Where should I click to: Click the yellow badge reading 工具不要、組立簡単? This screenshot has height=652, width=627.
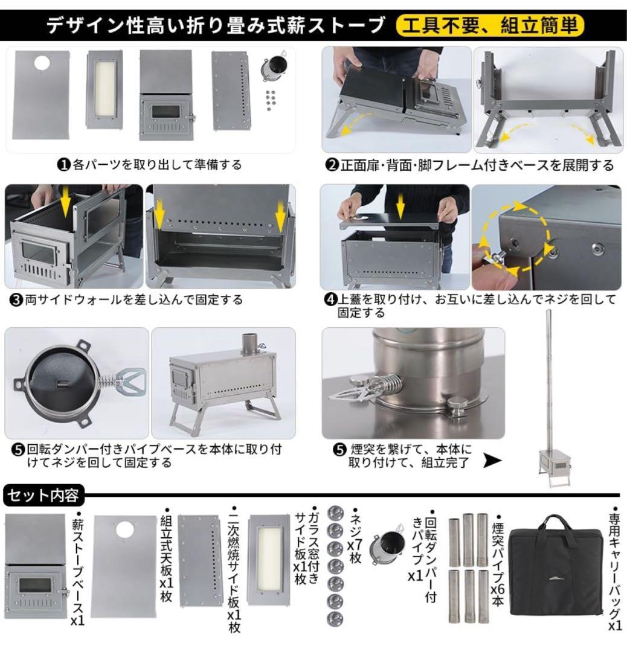point(490,25)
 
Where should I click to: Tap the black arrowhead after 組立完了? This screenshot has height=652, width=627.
point(493,462)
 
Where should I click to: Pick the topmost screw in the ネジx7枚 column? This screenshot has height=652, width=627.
point(336,513)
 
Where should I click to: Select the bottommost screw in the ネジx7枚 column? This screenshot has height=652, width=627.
point(335,618)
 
